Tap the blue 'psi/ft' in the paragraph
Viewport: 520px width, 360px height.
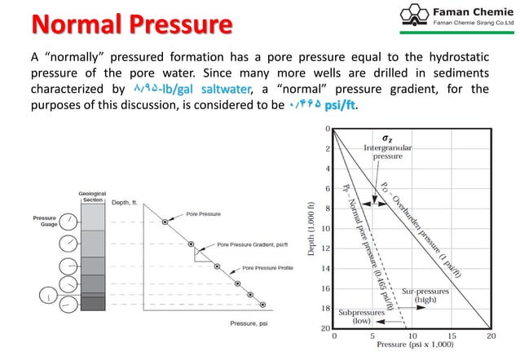[x=339, y=106]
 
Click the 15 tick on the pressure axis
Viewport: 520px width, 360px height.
[x=452, y=336]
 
